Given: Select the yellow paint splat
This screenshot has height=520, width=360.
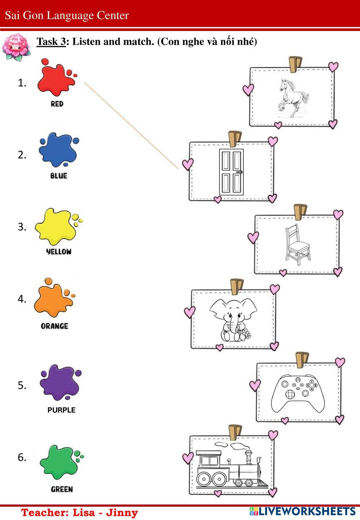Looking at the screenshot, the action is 56,226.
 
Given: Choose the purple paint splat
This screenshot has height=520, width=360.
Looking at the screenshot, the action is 59,382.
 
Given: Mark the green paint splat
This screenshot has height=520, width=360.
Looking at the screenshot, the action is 59,462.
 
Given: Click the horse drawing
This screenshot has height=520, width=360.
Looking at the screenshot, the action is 293,98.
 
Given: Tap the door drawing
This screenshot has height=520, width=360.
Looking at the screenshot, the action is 231,172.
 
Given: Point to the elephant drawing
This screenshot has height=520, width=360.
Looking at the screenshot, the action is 233,320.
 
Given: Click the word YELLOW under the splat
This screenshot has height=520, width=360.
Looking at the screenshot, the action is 59,252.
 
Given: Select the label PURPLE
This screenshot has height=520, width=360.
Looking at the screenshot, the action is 62,410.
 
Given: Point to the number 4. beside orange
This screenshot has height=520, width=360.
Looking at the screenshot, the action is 22,299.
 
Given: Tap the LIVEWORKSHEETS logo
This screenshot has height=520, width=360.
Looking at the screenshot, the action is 302,511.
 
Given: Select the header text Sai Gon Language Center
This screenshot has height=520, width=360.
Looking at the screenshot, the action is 67,15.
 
